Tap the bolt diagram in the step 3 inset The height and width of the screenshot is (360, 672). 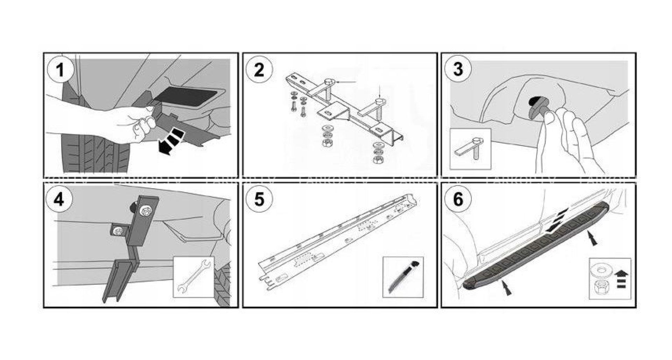(471, 149)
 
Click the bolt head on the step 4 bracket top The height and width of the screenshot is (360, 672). (145, 212)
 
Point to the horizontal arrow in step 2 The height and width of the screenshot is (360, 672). (344, 82)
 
